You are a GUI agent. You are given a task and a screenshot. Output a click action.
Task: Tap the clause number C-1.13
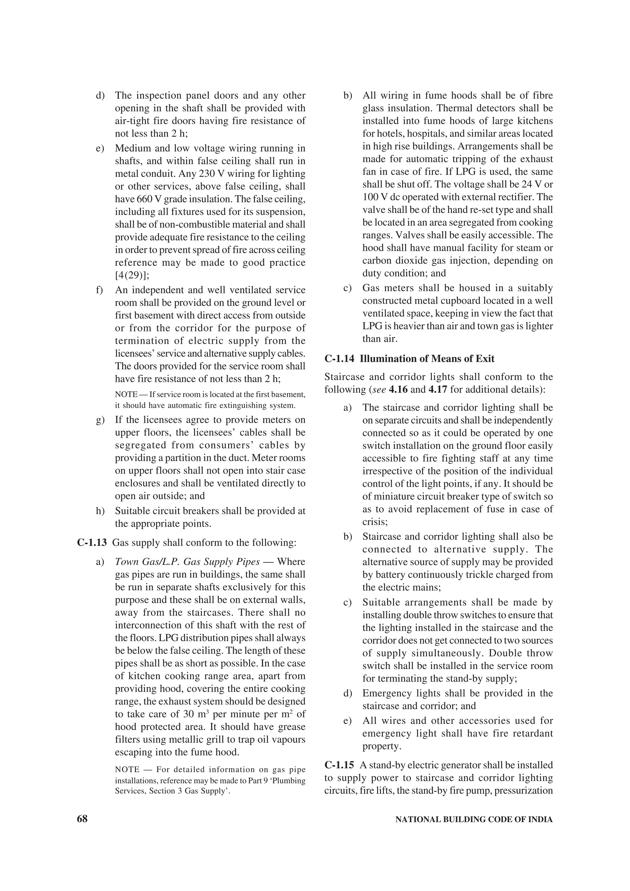(x=92, y=542)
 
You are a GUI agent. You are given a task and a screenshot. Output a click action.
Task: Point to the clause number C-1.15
(x=339, y=765)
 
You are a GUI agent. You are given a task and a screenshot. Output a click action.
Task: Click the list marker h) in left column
(x=101, y=511)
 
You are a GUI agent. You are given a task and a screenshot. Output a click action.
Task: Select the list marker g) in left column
(x=101, y=420)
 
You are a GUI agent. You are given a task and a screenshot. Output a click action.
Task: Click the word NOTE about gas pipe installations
(x=127, y=770)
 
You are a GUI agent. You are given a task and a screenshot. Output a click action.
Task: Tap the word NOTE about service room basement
(x=126, y=394)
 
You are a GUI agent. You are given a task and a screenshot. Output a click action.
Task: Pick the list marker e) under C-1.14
(x=348, y=720)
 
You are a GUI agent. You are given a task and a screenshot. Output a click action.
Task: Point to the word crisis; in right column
(x=375, y=521)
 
